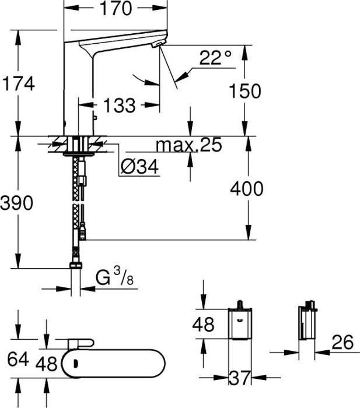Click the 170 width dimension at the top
pos(116,8)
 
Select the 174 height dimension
pos(18,84)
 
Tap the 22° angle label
pos(215,58)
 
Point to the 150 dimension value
pos(245,91)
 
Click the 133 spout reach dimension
pos(119,105)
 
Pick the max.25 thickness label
pos(189,145)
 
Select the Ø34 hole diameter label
pos(139,167)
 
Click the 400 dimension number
pos(247,188)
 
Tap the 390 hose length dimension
pos(17,203)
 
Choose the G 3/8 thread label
pos(114,277)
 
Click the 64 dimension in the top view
pos(18,359)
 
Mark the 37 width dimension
pos(240,378)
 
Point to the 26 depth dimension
pos(342,342)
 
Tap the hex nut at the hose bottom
pos(76,265)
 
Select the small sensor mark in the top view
pos(76,364)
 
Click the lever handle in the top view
pos(81,344)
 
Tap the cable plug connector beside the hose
pos(83,231)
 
